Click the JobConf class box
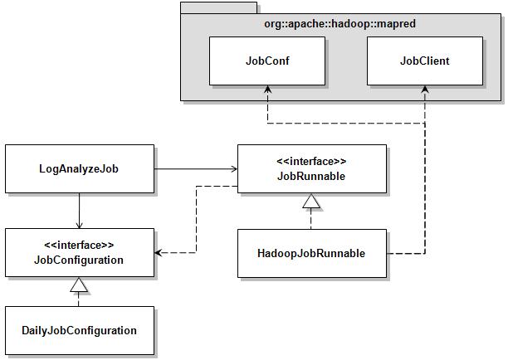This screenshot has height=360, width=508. pos(266,61)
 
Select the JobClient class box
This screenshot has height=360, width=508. pos(424,61)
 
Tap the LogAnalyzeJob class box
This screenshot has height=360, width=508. pos(80,169)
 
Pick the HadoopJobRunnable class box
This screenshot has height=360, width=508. pos(312,253)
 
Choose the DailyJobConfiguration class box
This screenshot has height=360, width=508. pos(80,331)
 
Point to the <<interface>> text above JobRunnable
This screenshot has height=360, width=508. pos(310,161)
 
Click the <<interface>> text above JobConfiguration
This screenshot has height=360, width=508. pos(79,245)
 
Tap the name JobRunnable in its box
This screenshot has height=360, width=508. pos(310,176)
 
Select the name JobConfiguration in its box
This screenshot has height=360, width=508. pos(79,260)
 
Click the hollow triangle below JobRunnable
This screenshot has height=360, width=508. pos(311,201)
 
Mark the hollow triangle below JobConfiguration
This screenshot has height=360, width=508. pos(79,285)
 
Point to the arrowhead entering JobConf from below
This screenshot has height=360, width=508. pos(266,90)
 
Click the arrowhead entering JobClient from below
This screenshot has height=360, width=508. pos(424,90)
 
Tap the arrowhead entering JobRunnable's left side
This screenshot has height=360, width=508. pos(232,169)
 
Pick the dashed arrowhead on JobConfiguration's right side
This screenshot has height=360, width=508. pos(159,252)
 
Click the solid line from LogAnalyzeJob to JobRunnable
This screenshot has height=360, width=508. pos(195,169)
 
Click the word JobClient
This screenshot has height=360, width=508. pos(424,61)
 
